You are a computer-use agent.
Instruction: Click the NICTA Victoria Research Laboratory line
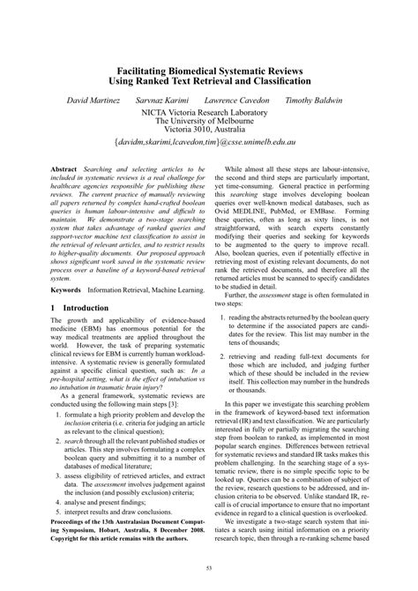pyautogui.click(x=209, y=113)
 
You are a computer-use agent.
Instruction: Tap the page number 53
pyautogui.click(x=209, y=569)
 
